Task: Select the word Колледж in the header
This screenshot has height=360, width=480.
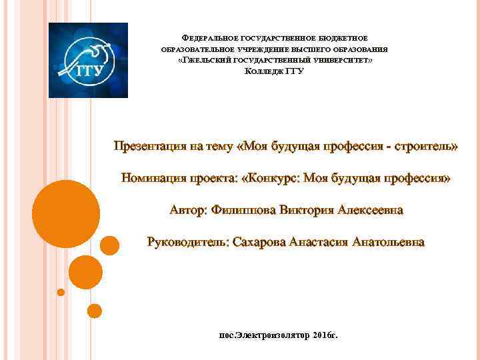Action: point(265,71)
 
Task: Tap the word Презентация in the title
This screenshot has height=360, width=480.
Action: point(152,146)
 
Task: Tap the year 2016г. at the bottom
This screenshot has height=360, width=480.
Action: point(325,333)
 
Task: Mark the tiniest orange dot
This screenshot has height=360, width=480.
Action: point(61,292)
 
